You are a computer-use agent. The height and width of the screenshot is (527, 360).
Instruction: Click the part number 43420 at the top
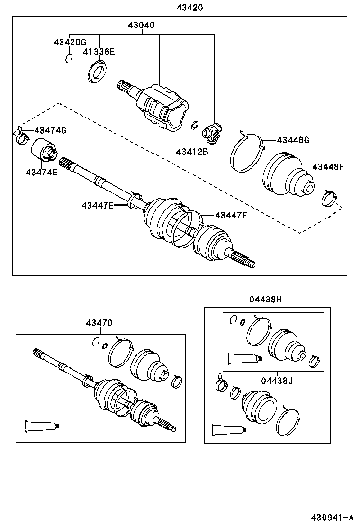190,8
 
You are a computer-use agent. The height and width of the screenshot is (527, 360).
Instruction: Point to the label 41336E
100,52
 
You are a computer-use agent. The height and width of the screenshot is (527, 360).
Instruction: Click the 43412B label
191,152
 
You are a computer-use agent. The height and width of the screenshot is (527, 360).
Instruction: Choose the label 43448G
293,140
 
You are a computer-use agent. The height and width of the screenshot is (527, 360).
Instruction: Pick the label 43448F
328,166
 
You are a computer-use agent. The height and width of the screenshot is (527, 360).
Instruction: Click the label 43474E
42,172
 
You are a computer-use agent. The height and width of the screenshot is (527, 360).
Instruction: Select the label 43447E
97,205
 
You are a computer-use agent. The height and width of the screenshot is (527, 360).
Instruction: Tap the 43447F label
231,215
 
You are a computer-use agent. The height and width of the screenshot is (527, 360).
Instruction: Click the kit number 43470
99,323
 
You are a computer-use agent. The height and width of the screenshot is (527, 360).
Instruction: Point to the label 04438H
265,299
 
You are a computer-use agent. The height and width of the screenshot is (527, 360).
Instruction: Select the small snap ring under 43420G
69,58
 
